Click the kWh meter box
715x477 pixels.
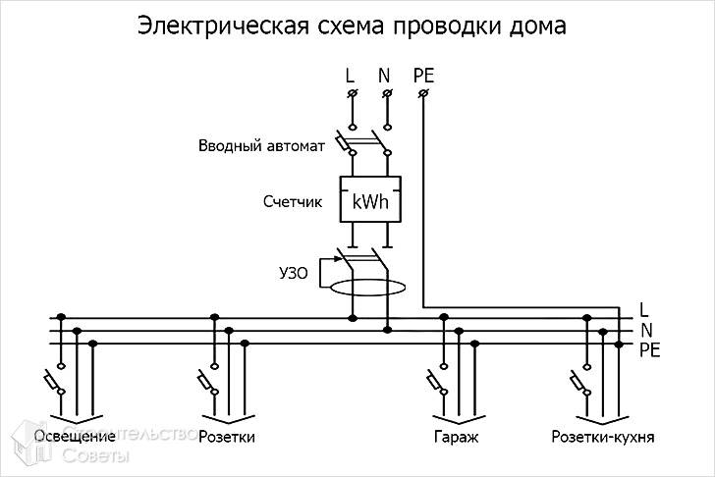click(x=370, y=203)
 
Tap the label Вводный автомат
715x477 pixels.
click(x=262, y=146)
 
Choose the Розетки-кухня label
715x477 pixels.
click(x=603, y=435)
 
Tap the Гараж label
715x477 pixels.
click(x=455, y=435)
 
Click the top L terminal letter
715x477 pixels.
click(x=350, y=75)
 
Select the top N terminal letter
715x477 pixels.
click(x=385, y=75)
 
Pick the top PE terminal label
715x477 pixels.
click(x=424, y=75)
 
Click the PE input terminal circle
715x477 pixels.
click(x=423, y=93)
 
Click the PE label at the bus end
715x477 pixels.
click(x=649, y=349)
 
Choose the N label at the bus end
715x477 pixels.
click(x=646, y=330)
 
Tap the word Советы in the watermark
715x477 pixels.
click(x=95, y=457)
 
